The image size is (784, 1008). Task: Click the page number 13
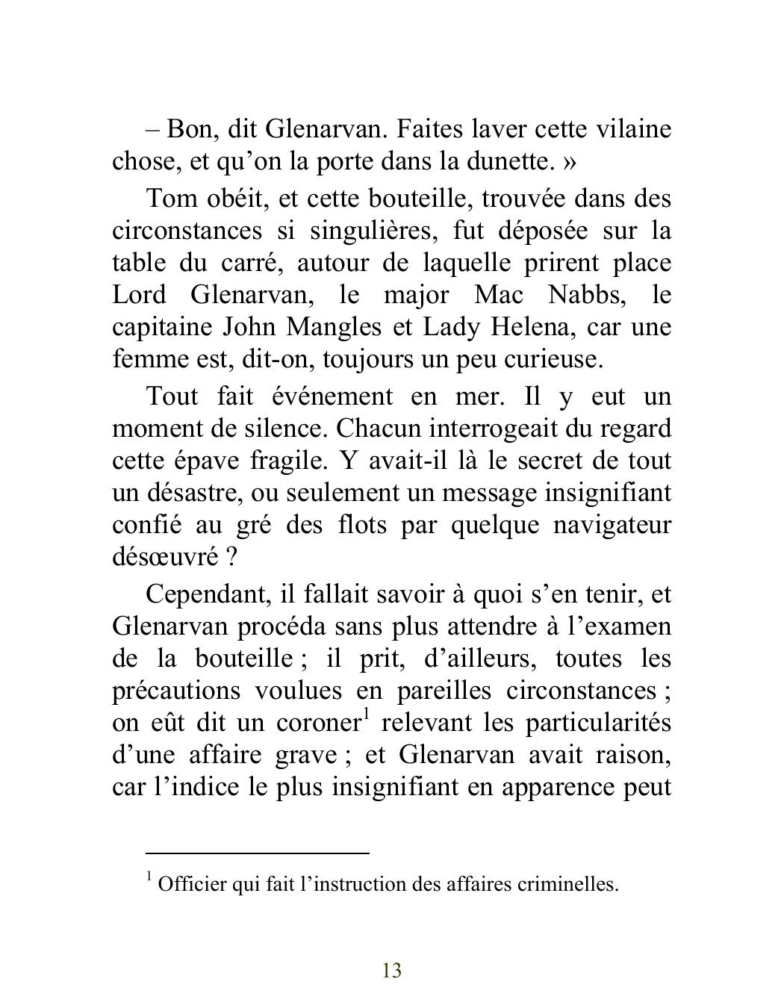tap(392, 971)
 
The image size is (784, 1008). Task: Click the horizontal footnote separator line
tap(258, 852)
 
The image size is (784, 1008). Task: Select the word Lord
tap(139, 295)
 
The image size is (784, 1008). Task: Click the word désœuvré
tap(155, 557)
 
